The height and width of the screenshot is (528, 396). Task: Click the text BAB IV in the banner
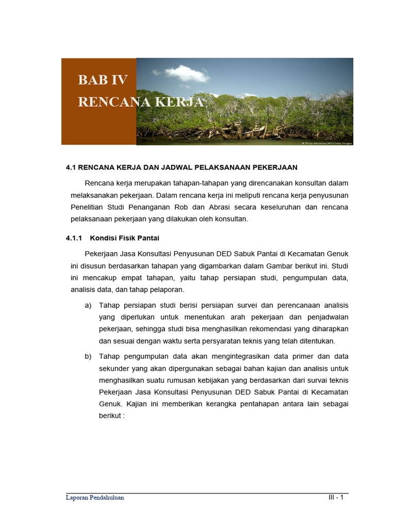click(x=103, y=80)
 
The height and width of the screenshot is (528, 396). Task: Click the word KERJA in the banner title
click(x=178, y=102)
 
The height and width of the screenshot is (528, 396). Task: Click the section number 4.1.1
click(x=75, y=238)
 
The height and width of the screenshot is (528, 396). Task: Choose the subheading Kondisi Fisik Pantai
click(x=124, y=238)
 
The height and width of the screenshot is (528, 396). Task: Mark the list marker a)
click(x=88, y=305)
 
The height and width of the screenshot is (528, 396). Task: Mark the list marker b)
click(x=88, y=356)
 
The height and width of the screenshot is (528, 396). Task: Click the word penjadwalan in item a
click(x=327, y=317)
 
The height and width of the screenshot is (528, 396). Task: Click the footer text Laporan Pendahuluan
click(x=95, y=498)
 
